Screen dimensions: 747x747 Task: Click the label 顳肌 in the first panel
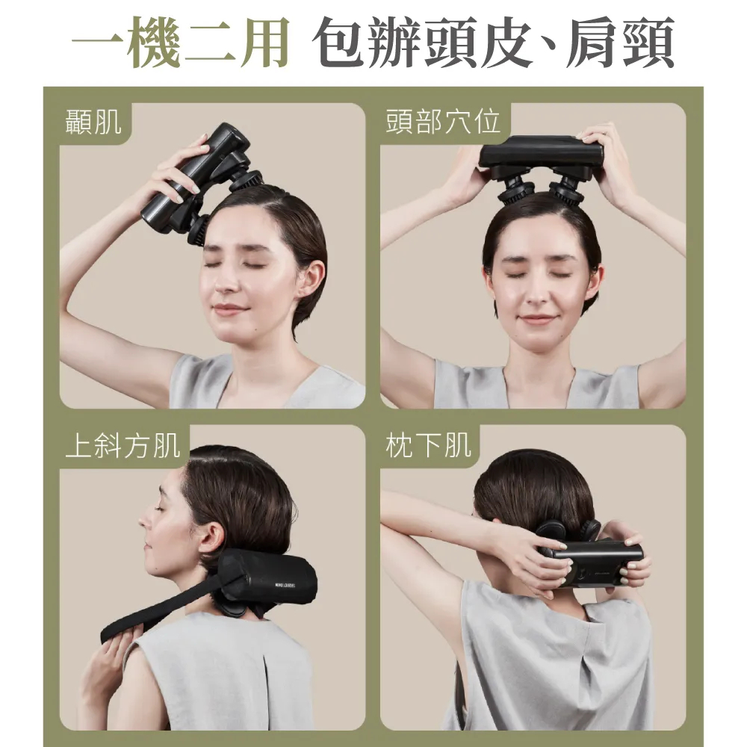(93, 122)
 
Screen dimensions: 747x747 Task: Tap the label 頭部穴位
(443, 122)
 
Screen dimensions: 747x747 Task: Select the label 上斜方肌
(123, 445)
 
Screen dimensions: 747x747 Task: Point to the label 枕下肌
(428, 445)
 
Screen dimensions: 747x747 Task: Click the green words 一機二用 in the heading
(181, 42)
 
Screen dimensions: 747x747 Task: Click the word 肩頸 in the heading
(620, 42)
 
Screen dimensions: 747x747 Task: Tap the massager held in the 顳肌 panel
(200, 184)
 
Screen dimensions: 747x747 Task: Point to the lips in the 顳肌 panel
(228, 310)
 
